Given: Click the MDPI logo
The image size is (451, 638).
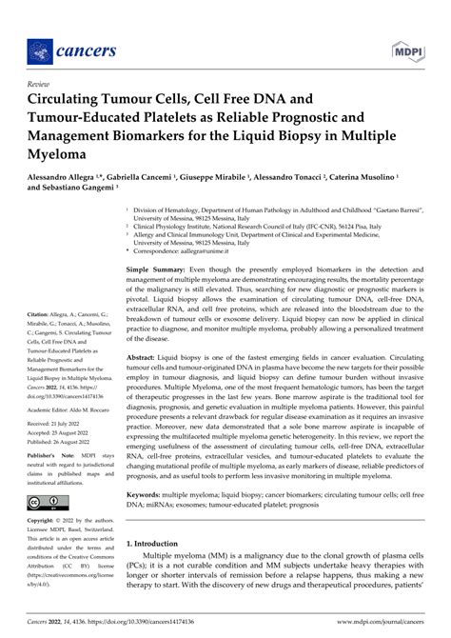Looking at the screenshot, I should coord(403,47).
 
